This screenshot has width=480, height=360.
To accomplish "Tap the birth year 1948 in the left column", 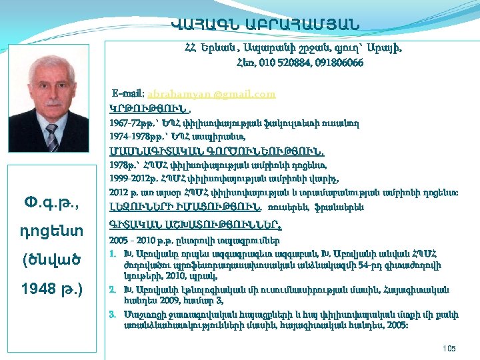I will pyautogui.click(x=38, y=291).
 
